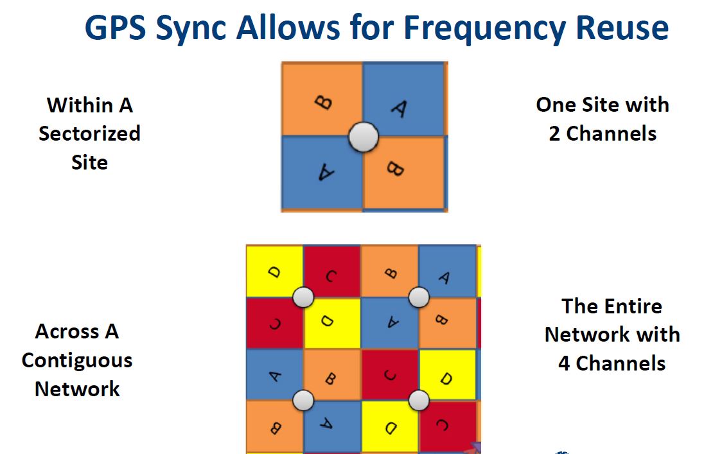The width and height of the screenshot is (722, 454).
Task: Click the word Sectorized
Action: (89, 134)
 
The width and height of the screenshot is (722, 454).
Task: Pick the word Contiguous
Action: (77, 360)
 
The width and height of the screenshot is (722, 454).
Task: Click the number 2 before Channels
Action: (554, 134)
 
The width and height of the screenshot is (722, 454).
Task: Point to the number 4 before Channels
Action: (563, 363)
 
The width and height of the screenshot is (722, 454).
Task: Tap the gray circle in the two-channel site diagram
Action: (364, 136)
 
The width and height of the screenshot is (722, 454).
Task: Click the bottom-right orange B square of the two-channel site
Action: (405, 172)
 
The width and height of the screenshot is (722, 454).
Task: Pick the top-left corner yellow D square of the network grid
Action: (274, 271)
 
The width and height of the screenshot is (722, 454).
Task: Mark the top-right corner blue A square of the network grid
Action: (447, 271)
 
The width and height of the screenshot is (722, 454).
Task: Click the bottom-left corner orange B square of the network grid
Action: (274, 426)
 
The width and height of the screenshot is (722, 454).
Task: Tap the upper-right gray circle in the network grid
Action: (419, 297)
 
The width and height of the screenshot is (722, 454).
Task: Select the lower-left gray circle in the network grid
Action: (303, 400)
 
